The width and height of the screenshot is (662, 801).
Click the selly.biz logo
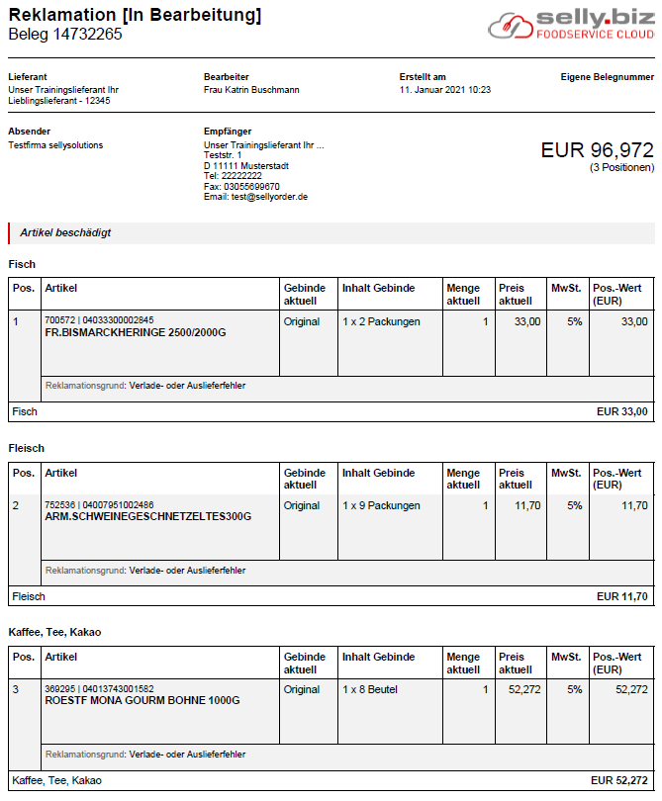(x=571, y=25)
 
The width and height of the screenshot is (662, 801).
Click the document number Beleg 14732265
(x=65, y=35)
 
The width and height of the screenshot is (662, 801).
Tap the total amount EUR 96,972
(x=597, y=150)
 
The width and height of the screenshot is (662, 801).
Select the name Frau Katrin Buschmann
(x=251, y=90)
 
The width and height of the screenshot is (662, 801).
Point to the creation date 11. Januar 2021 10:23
(x=445, y=90)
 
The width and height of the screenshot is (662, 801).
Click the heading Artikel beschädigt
(x=65, y=233)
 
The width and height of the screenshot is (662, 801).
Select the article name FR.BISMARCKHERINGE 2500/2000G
(x=136, y=333)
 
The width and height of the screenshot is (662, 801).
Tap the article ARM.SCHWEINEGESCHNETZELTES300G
(x=148, y=517)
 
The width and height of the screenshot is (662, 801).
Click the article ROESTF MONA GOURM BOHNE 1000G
(x=142, y=701)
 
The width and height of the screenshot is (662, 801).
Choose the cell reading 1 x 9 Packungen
(x=381, y=506)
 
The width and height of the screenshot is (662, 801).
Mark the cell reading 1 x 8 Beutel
(x=370, y=690)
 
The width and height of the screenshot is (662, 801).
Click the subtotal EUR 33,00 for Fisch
(x=621, y=411)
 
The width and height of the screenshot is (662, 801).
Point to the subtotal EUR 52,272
(x=618, y=780)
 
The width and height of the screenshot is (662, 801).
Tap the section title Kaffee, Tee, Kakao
(x=54, y=632)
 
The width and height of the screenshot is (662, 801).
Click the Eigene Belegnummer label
(x=607, y=76)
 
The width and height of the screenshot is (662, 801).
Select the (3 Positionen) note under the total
(x=621, y=168)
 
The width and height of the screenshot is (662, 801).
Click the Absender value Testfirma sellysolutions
(x=55, y=145)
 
